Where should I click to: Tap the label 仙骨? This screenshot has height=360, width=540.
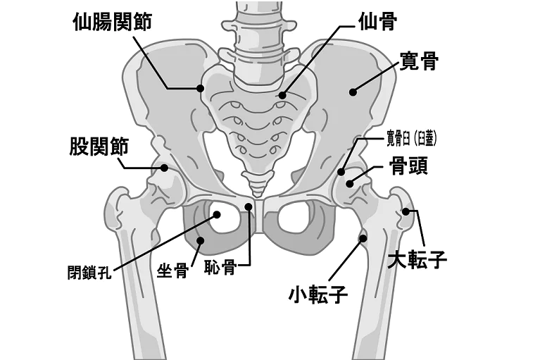tap(377, 21)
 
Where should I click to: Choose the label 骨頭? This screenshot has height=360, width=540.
tap(409, 166)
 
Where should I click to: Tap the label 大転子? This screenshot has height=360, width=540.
tap(417, 261)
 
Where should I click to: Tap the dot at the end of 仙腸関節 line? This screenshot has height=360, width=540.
tap(201, 88)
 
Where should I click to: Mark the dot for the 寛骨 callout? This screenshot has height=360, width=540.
tap(353, 92)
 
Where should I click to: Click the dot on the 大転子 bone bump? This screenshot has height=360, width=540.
tap(407, 211)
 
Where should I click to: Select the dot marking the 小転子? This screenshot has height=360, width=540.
tap(364, 238)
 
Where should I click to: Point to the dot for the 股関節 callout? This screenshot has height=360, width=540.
tap(165, 168)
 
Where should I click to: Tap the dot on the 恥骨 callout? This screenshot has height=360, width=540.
tap(249, 206)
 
